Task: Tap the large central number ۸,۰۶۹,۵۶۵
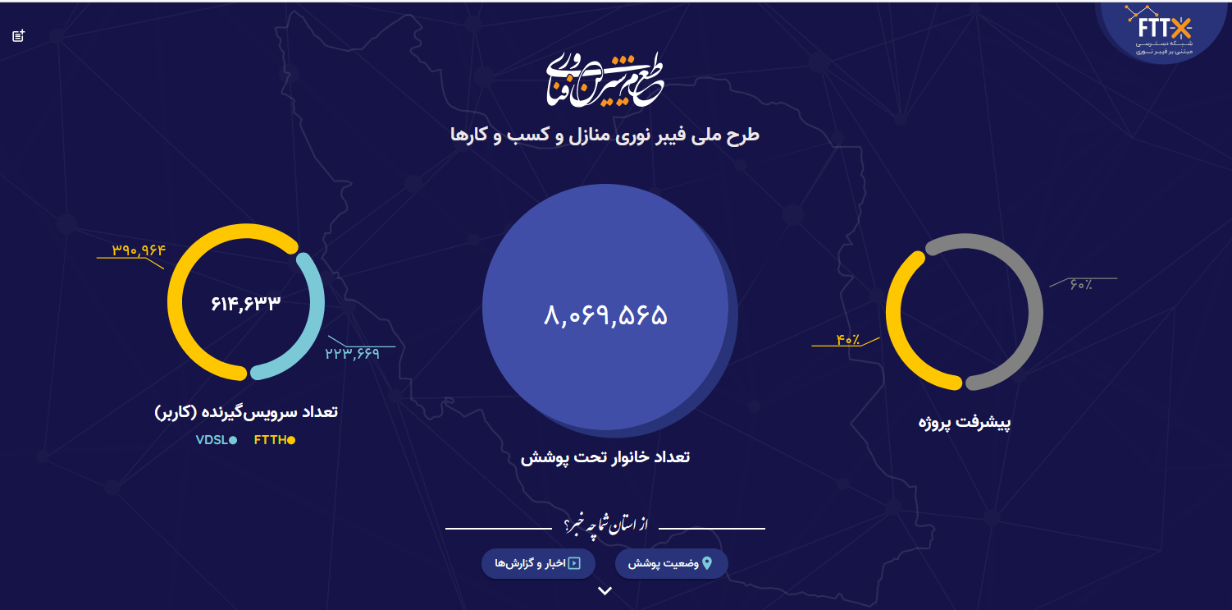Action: [x=605, y=315]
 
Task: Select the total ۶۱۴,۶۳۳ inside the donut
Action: [x=246, y=303]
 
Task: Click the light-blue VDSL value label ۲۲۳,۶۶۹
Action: [x=352, y=354]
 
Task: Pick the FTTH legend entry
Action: [x=274, y=440]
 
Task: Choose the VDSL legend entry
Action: [x=216, y=440]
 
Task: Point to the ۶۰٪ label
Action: [x=1080, y=285]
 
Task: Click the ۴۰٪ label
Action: [x=848, y=339]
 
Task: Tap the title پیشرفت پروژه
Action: [x=965, y=424]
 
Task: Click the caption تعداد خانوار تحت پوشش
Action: [x=605, y=457]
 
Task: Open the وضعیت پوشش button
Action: [x=671, y=563]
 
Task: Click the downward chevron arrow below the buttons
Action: [x=605, y=591]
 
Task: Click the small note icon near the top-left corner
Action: [x=19, y=35]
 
